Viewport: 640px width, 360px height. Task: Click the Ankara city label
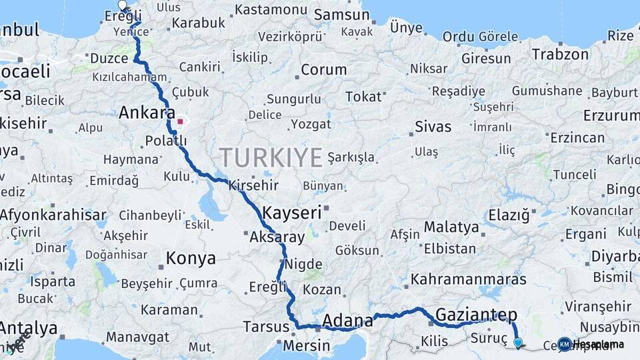click(x=146, y=113)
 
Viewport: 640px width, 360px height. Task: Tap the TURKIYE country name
click(x=271, y=157)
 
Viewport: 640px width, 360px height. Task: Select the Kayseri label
click(x=292, y=213)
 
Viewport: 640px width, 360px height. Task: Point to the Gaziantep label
click(x=467, y=314)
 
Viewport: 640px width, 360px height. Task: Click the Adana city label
click(x=347, y=321)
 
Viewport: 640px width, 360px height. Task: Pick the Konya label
click(x=191, y=259)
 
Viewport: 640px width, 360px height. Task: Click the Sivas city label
click(x=433, y=126)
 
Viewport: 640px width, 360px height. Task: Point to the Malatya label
click(x=451, y=227)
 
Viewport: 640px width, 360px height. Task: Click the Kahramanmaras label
click(x=465, y=279)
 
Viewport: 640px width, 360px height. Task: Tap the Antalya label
click(x=28, y=328)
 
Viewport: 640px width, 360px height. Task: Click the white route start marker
click(x=122, y=6)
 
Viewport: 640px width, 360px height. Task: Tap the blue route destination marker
click(x=518, y=343)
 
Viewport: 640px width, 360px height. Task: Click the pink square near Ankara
click(x=180, y=122)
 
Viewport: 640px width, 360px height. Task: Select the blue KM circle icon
click(x=564, y=344)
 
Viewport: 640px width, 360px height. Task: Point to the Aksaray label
click(x=277, y=237)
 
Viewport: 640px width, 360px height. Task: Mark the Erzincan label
click(x=577, y=138)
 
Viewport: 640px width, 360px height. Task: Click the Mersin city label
click(x=306, y=346)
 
